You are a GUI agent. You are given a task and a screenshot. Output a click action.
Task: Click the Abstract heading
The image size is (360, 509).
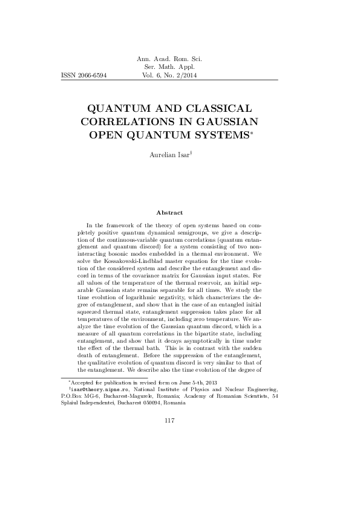point(169,212)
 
